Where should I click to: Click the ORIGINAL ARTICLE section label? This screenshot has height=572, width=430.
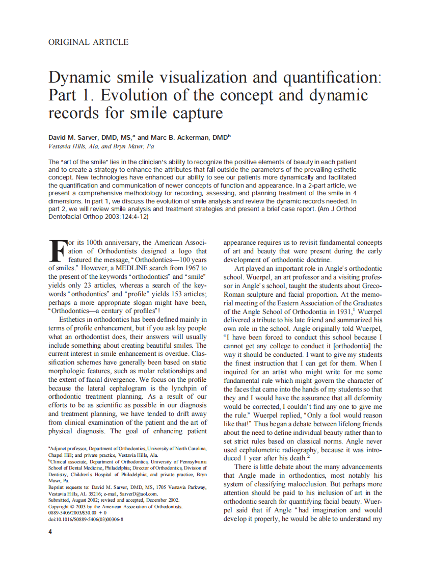coord(88,42)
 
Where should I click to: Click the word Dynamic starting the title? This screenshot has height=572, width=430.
coord(82,78)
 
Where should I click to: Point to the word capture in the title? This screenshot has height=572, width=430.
coord(197,112)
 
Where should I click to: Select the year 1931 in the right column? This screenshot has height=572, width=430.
coord(343,311)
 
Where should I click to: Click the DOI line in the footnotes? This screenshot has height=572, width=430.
coord(86,519)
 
